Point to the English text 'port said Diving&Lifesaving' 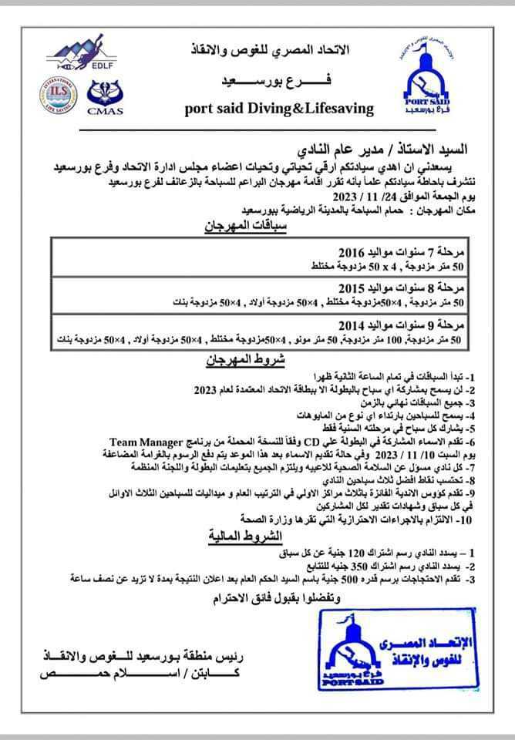[279, 108]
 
